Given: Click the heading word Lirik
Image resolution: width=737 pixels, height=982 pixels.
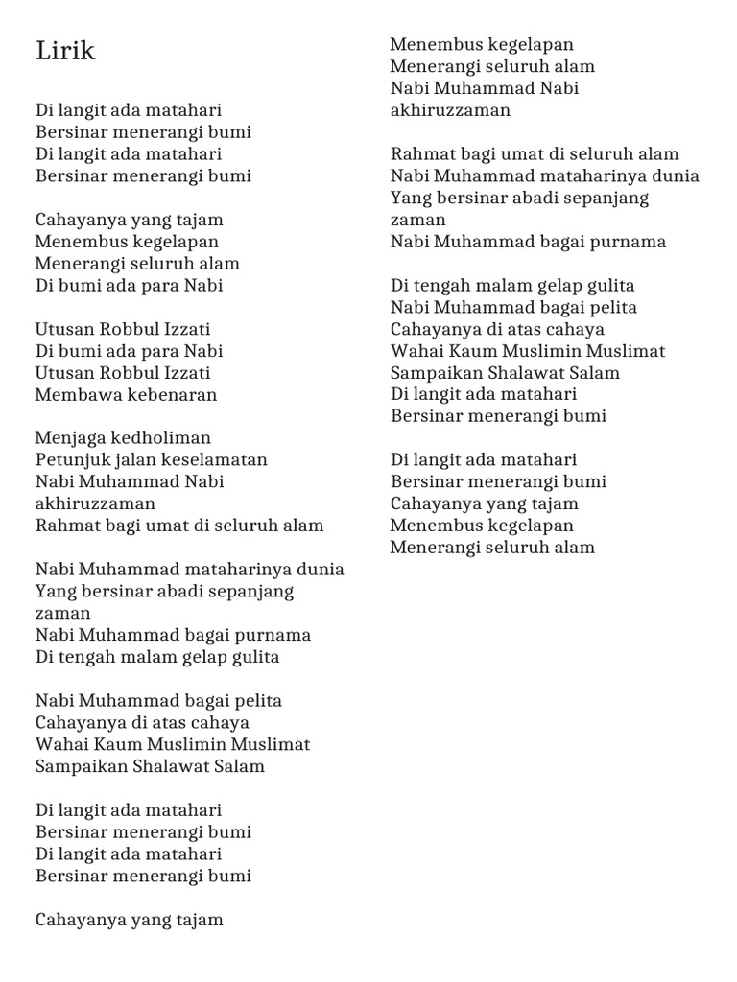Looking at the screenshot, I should (65, 51).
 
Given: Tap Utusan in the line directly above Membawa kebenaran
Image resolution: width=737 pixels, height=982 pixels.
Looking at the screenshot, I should (63, 372).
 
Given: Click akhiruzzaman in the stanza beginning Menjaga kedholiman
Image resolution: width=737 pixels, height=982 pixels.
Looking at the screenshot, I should (95, 503).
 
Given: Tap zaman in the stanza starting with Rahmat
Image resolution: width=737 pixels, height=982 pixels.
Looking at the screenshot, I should (418, 220).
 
